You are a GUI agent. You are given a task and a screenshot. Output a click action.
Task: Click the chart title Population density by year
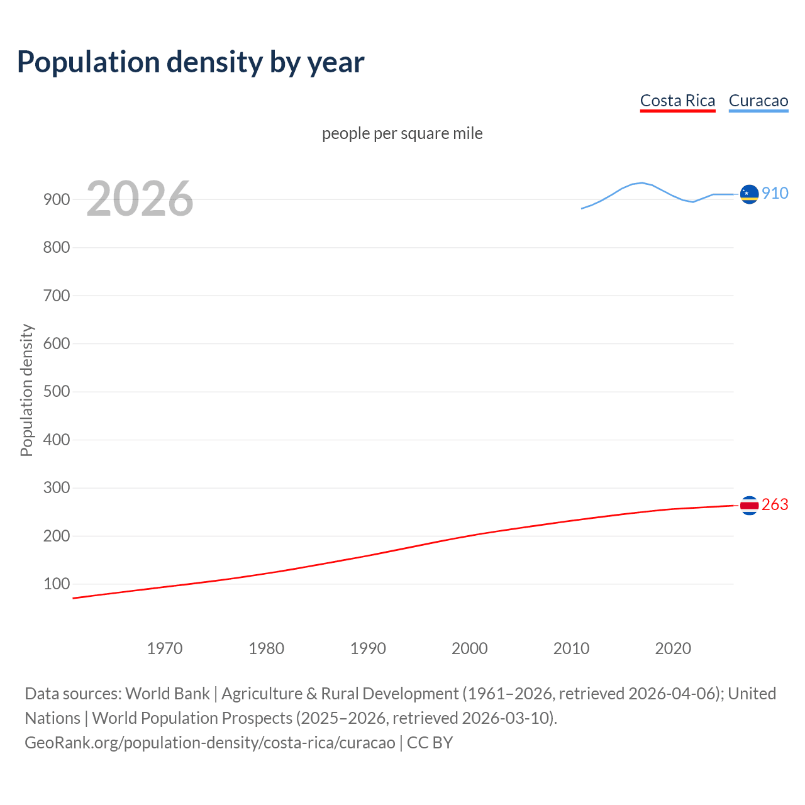pyautogui.click(x=191, y=62)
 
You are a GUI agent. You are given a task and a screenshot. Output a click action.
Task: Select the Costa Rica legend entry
pyautogui.click(x=677, y=101)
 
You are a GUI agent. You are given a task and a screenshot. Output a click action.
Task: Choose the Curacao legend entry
pyautogui.click(x=758, y=101)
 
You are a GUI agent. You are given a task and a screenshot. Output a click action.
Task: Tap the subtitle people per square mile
pyautogui.click(x=402, y=133)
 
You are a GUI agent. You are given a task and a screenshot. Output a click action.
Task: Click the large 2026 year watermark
pyautogui.click(x=140, y=199)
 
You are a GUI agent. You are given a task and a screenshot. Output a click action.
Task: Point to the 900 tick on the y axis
pyautogui.click(x=56, y=199)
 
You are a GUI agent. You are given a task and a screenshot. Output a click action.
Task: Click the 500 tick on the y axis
pyautogui.click(x=56, y=392)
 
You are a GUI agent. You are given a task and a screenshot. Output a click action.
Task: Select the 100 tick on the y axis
pyautogui.click(x=56, y=584)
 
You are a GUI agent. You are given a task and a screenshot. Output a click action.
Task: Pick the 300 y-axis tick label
pyautogui.click(x=56, y=488)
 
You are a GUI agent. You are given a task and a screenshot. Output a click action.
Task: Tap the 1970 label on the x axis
pyautogui.click(x=165, y=648)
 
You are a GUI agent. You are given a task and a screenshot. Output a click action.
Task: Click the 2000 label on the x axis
pyautogui.click(x=470, y=648)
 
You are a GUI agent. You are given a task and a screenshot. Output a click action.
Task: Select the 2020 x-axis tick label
pyautogui.click(x=673, y=648)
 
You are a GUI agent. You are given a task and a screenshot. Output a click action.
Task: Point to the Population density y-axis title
pyautogui.click(x=26, y=390)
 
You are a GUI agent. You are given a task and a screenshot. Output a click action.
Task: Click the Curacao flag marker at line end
pyautogui.click(x=749, y=194)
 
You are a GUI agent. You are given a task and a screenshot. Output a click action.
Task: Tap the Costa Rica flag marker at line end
pyautogui.click(x=749, y=505)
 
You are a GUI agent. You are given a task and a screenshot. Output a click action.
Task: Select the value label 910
pyautogui.click(x=775, y=193)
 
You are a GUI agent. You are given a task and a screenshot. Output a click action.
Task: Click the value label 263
pyautogui.click(x=775, y=504)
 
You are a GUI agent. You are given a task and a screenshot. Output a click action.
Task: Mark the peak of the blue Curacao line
pyautogui.click(x=641, y=182)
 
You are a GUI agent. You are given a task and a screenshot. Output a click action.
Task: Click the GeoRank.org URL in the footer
pyautogui.click(x=210, y=742)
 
